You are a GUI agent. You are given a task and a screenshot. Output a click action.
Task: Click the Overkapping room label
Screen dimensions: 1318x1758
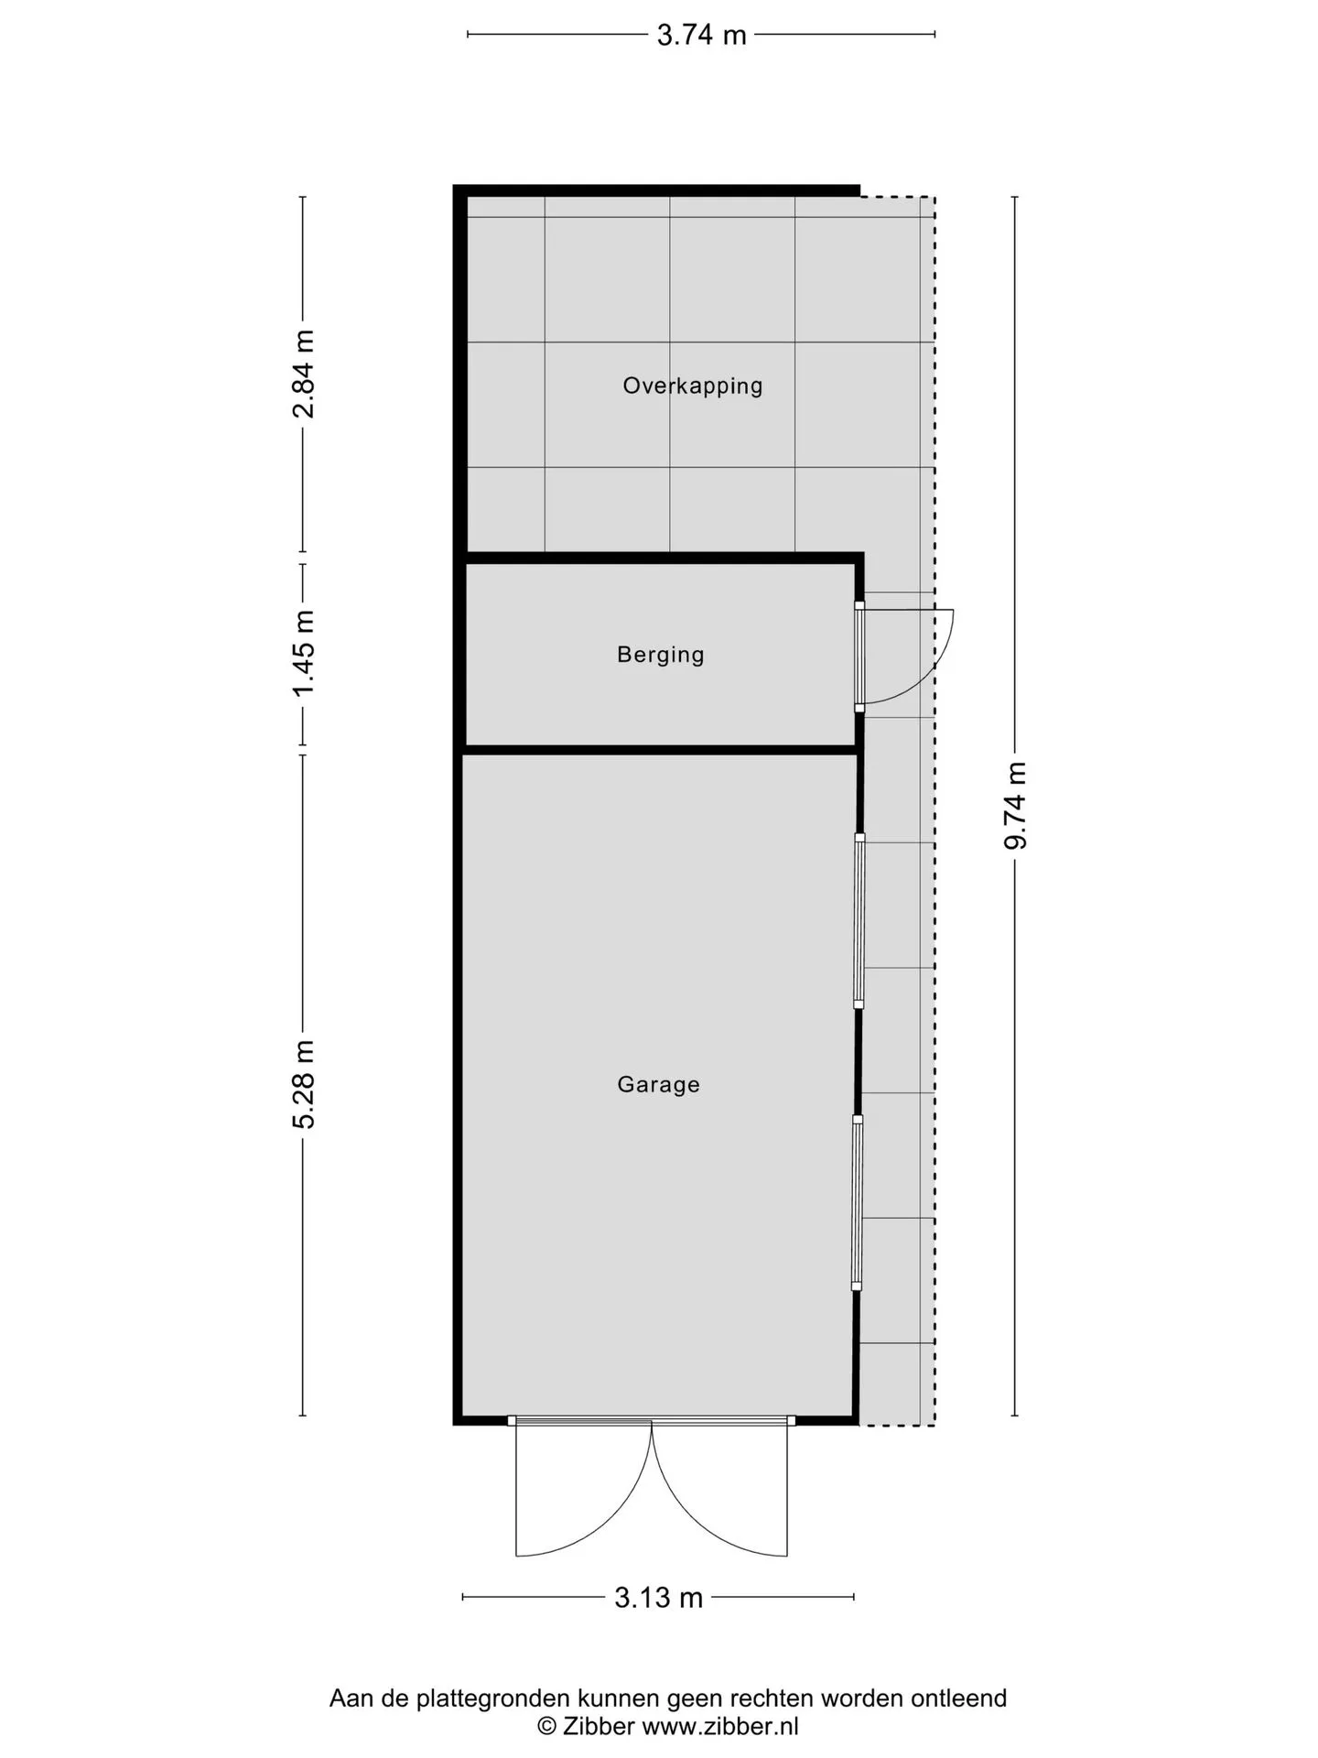pos(693,386)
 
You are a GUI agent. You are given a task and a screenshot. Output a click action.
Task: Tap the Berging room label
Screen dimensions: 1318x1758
pos(661,656)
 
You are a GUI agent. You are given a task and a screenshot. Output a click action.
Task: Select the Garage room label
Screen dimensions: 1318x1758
pos(659,1085)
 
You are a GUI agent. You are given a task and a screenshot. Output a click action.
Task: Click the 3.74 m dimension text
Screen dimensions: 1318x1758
pos(702,35)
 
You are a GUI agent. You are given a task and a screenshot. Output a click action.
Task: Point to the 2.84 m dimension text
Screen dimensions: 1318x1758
pos(304,374)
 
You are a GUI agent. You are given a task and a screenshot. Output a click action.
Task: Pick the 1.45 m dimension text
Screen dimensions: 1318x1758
pos(304,653)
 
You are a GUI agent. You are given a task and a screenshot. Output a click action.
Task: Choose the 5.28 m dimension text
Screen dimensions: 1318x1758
pos(304,1085)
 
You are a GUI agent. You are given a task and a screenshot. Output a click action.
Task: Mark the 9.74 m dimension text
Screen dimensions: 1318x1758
pos(1016,806)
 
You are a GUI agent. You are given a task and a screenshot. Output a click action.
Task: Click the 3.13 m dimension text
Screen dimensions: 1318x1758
pos(659,1598)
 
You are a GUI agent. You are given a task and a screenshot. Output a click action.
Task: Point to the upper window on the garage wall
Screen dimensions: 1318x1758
pos(859,921)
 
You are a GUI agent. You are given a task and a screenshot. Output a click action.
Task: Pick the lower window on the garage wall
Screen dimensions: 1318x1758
pos(858,1202)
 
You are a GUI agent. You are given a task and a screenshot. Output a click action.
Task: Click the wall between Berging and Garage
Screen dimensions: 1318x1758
pos(659,750)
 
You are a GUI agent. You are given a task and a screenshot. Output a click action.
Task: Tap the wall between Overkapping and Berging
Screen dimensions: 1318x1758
pos(663,558)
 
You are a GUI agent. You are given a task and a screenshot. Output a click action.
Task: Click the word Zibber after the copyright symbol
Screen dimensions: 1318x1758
pos(599,1727)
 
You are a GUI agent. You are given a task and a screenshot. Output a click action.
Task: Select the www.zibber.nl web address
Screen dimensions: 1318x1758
pos(720,1727)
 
